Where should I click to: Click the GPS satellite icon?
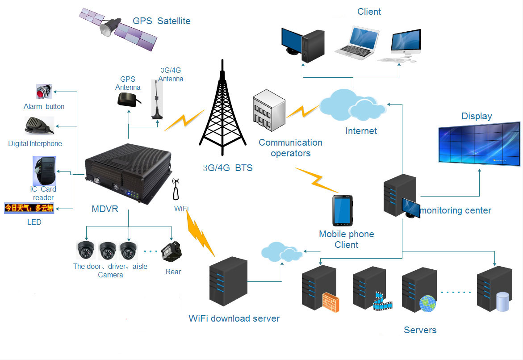point(118,29)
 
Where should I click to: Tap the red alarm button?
point(44,92)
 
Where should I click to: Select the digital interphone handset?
point(39,126)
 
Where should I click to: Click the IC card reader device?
point(45,171)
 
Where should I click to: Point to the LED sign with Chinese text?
point(29,208)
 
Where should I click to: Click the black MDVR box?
point(129,173)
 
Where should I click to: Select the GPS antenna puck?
point(129,100)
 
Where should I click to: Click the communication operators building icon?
point(269,110)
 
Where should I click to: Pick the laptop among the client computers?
point(357,43)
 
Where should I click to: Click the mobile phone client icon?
point(343,210)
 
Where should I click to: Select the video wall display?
point(479,144)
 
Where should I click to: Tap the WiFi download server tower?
point(229,281)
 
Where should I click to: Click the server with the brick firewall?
point(320,289)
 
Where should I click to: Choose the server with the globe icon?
point(419,289)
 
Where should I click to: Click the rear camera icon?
point(172,251)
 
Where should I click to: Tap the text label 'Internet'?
point(361,131)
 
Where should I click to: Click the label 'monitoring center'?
point(456,210)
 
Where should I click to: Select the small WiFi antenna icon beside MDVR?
point(176,189)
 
